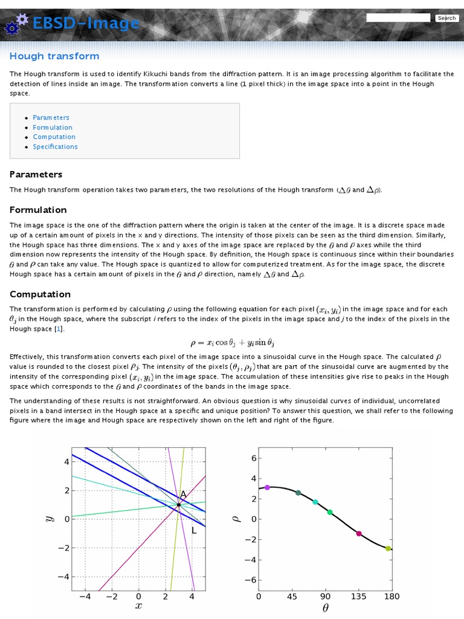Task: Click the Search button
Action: point(446,18)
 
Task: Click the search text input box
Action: point(398,18)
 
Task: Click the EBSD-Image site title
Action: point(85,23)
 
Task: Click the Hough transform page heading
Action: point(54,56)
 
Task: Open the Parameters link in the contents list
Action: point(51,117)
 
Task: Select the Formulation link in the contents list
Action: point(53,127)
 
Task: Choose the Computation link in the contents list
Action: point(54,137)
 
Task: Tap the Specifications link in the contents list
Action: point(55,146)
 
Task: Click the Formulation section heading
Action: point(38,210)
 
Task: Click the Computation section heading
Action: point(40,294)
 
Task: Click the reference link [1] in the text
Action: point(58,328)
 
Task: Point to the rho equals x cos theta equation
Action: point(232,343)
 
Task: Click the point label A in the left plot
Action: point(183,494)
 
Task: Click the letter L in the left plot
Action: point(194,530)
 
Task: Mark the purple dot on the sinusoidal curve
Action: point(267,487)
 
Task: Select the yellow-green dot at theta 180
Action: point(388,548)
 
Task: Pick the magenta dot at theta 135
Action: point(359,533)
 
